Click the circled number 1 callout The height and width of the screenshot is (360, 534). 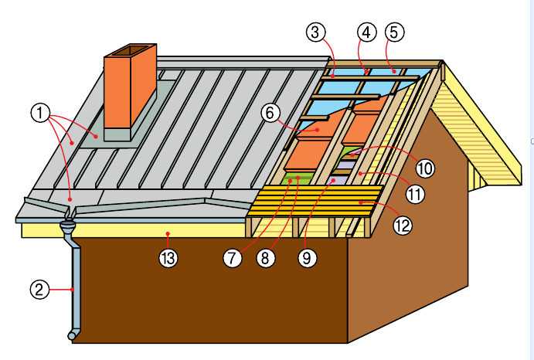(x=40, y=113)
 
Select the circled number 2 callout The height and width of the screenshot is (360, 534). (x=39, y=290)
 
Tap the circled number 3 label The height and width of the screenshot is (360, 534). (x=316, y=32)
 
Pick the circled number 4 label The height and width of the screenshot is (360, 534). (x=366, y=32)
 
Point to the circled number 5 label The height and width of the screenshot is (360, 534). (x=394, y=32)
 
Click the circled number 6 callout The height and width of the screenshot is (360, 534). (x=270, y=113)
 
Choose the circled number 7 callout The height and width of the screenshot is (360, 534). (x=233, y=258)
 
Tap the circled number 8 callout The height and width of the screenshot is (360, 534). (x=265, y=258)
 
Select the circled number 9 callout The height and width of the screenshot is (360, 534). (x=307, y=258)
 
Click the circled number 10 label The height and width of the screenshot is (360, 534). (x=425, y=168)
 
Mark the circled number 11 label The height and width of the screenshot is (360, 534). (x=415, y=195)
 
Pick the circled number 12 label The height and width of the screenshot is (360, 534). (x=403, y=225)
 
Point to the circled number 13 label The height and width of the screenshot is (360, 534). (x=168, y=258)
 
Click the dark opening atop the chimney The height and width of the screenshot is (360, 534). (x=130, y=51)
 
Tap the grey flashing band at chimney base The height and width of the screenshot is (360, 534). (x=117, y=134)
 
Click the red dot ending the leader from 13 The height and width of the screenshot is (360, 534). (x=168, y=234)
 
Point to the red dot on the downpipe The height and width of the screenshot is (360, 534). (x=72, y=290)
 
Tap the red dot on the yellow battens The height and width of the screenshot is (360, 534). (x=361, y=202)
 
